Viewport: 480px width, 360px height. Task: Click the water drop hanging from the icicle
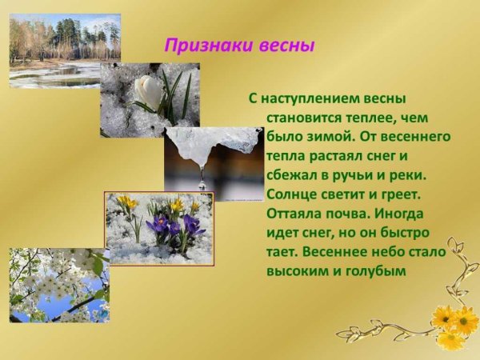coord(202,183)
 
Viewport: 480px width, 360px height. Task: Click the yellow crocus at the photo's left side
coord(126,203)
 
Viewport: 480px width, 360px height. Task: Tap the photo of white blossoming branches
coord(58,285)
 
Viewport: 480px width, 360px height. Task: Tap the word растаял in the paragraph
coord(333,156)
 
